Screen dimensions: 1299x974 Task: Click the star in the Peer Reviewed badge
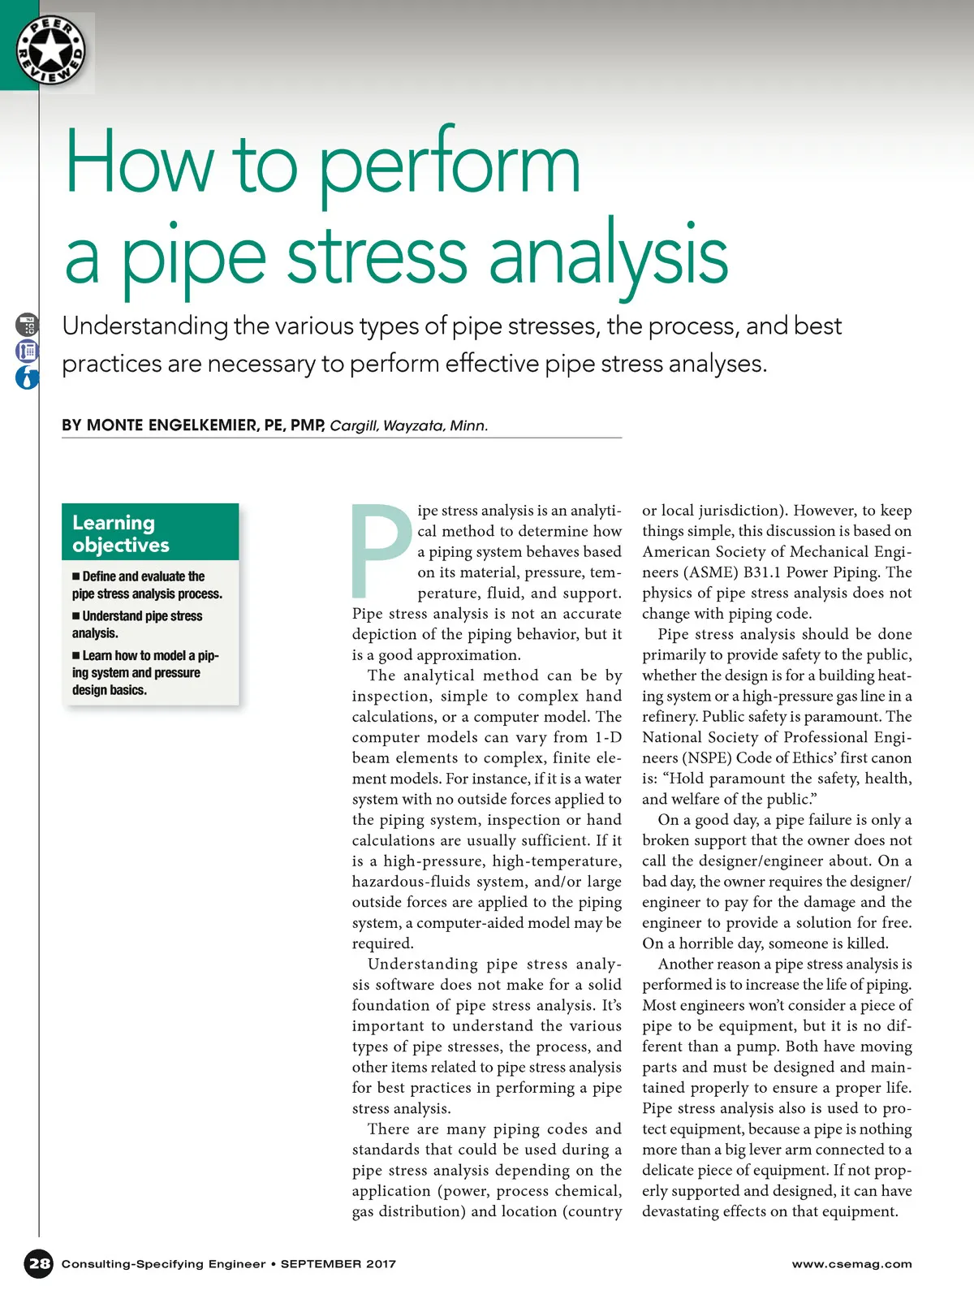50,50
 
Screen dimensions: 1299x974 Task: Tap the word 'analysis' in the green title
608,257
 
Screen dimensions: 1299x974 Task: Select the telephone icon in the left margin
27,352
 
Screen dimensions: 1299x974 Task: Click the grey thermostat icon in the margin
27,326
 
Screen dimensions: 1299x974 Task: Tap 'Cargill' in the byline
354,425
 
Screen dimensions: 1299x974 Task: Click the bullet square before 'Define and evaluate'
76,576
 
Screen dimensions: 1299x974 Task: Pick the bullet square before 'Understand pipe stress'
76,616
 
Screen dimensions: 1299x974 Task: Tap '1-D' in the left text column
608,737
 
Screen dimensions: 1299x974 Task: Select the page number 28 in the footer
39,1263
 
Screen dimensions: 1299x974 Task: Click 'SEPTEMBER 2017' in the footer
338,1264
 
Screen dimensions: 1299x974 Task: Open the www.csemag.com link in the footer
851,1264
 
